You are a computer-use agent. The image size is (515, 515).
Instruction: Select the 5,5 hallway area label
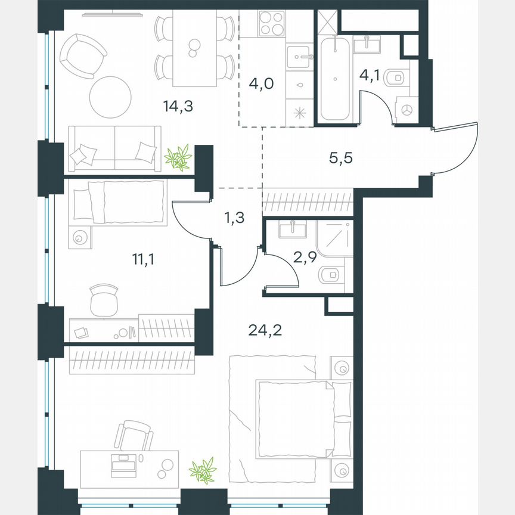point(341,159)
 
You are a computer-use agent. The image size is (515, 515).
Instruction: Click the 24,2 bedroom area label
point(264,328)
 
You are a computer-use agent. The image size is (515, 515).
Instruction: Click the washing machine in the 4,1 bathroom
point(407,110)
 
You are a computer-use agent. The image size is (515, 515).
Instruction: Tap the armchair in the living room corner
point(80,55)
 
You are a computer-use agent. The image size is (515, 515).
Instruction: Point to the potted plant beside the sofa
point(178,157)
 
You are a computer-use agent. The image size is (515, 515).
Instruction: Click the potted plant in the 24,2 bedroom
point(202,470)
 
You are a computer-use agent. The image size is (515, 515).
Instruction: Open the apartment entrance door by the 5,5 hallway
point(456,149)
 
